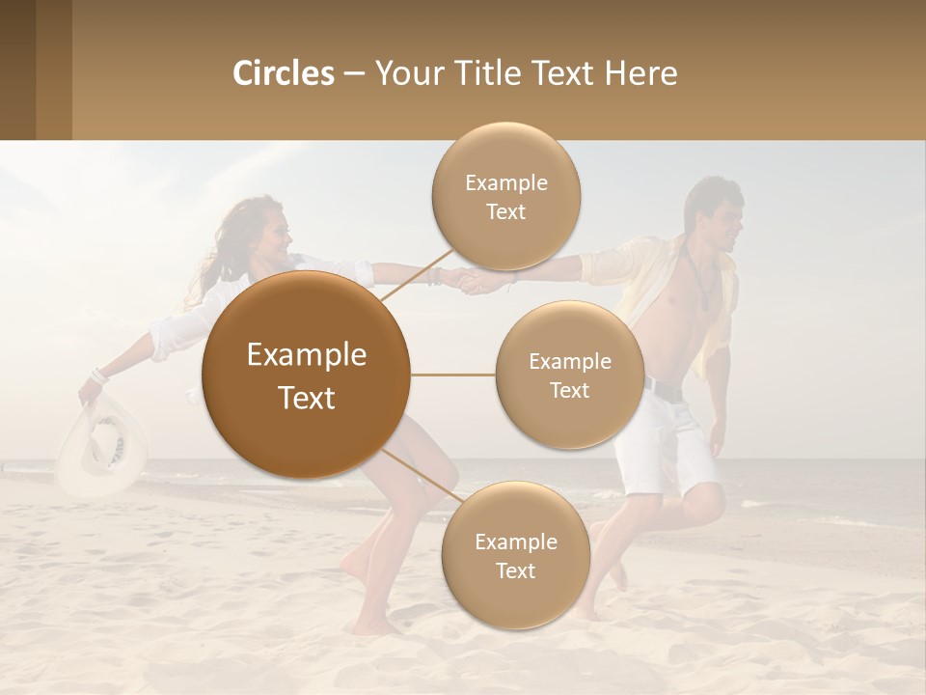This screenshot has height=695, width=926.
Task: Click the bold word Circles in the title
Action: point(283,73)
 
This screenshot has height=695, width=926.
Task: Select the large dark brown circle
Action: point(307,375)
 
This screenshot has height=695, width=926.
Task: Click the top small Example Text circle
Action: point(505,197)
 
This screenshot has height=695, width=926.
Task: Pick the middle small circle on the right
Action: point(569,375)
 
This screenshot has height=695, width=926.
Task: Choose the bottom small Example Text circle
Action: point(515,556)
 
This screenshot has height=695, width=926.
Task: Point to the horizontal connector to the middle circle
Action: point(453,375)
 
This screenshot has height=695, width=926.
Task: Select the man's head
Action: point(715,212)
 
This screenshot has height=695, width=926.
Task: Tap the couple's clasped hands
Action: point(473,281)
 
